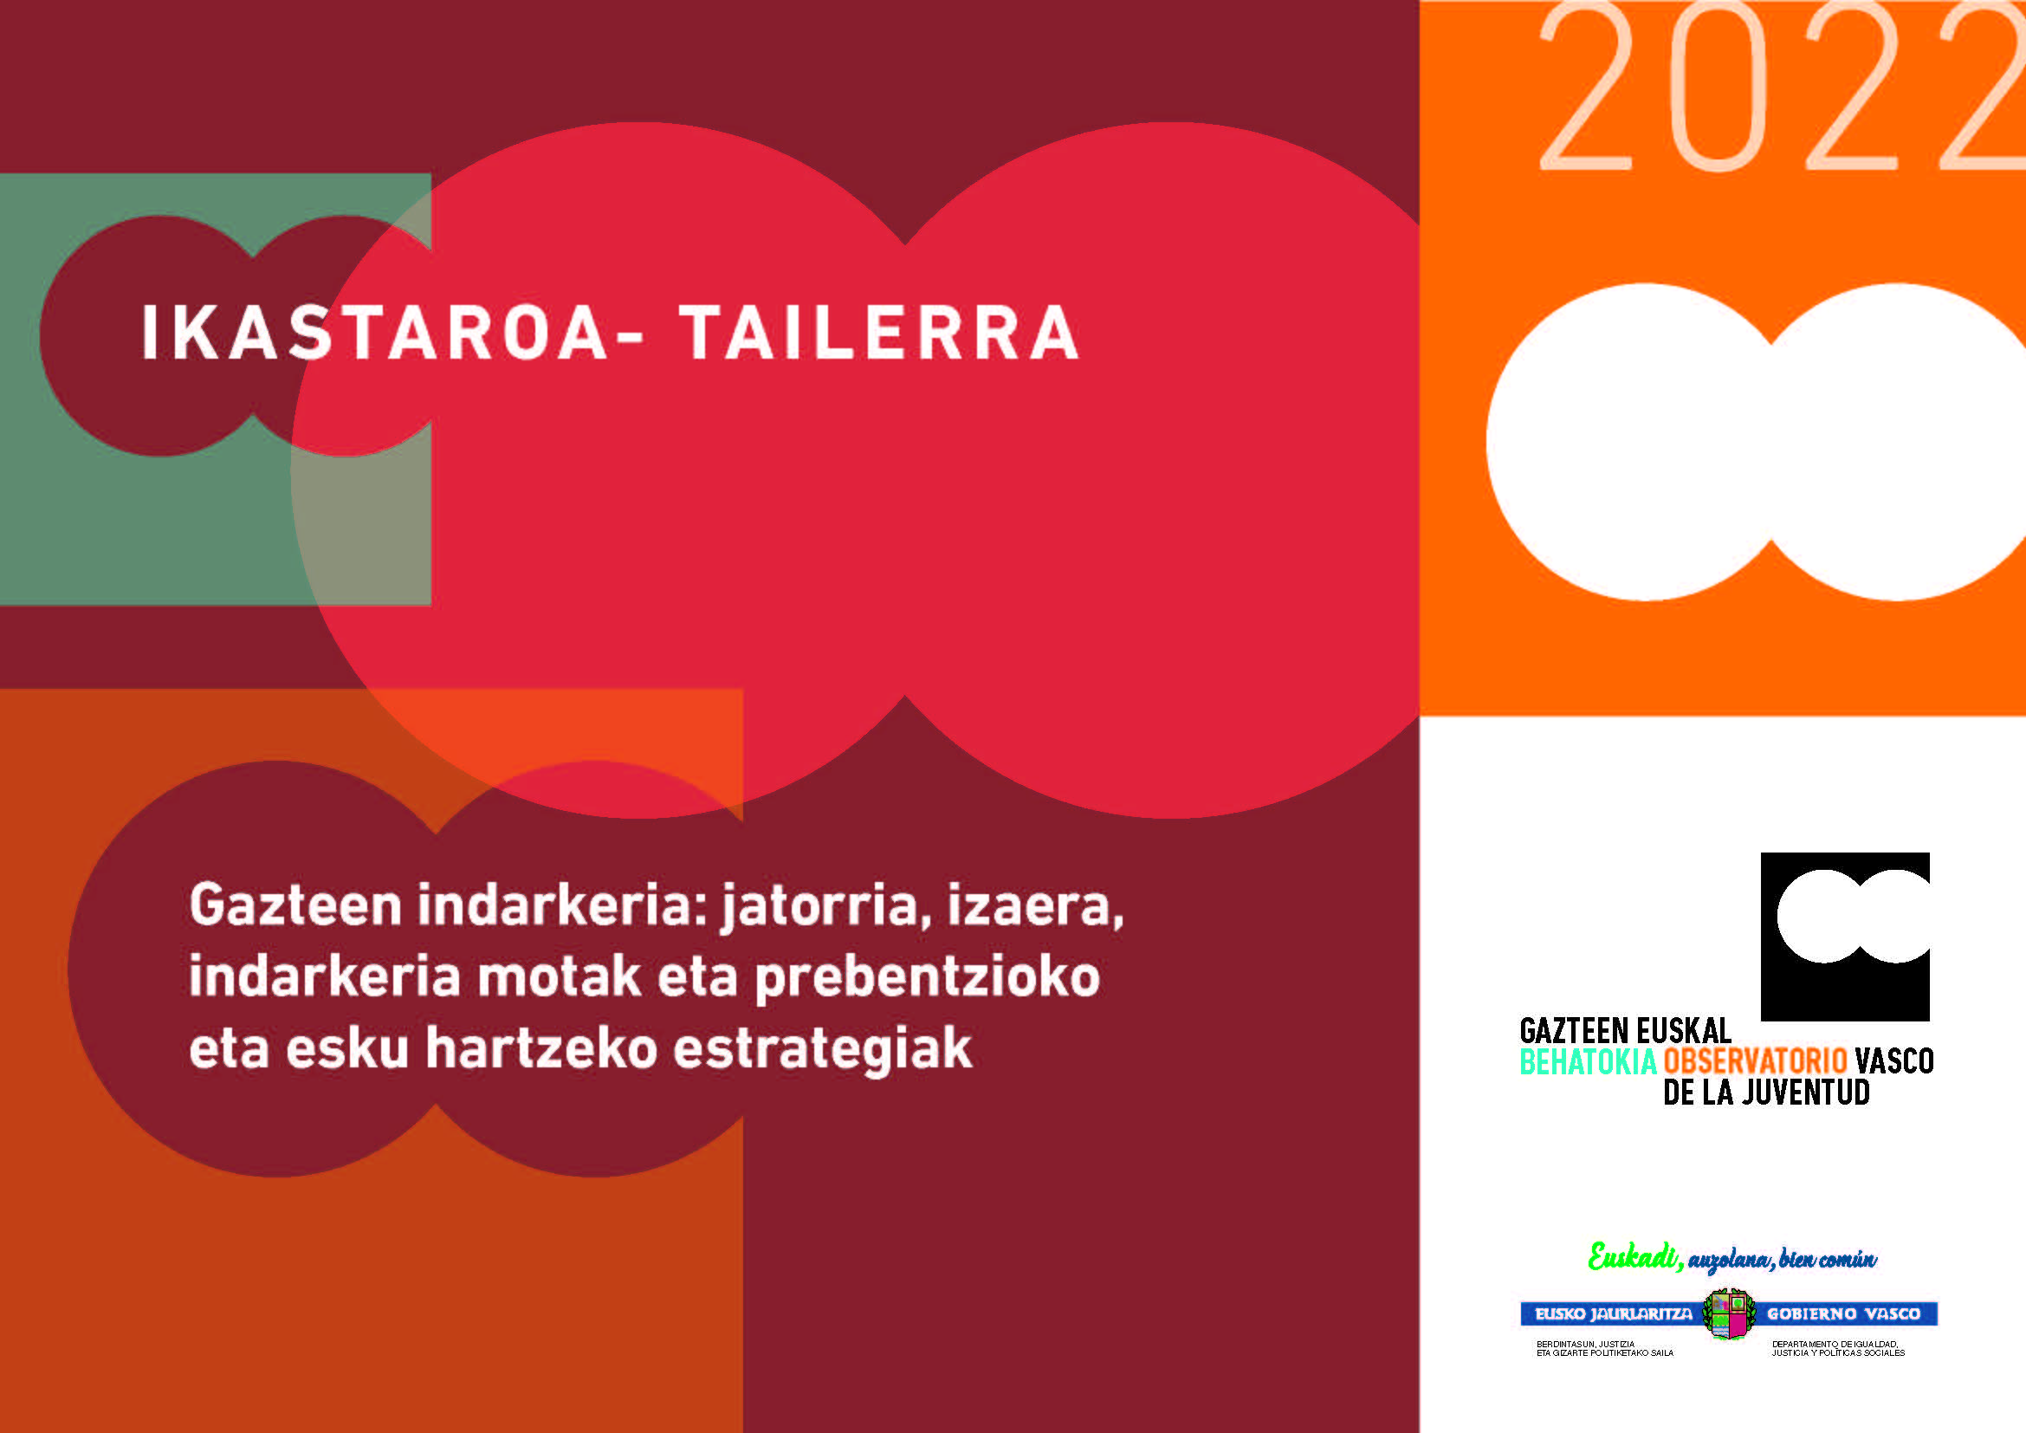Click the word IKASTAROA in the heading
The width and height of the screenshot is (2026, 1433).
tap(375, 333)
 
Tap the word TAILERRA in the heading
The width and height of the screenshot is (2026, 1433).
tap(879, 333)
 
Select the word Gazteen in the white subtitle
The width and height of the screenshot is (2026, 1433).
tap(295, 905)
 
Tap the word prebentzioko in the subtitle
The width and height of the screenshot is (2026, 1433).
tap(928, 978)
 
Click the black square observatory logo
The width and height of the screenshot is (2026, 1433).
tap(1844, 937)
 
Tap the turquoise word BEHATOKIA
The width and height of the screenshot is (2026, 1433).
tap(1588, 1061)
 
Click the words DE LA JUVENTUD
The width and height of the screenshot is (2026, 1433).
tap(1766, 1093)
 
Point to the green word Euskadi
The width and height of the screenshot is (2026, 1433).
tap(1634, 1256)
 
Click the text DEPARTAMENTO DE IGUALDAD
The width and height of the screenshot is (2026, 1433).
tap(1834, 1344)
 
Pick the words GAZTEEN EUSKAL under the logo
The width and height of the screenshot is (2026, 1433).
tap(1625, 1031)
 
